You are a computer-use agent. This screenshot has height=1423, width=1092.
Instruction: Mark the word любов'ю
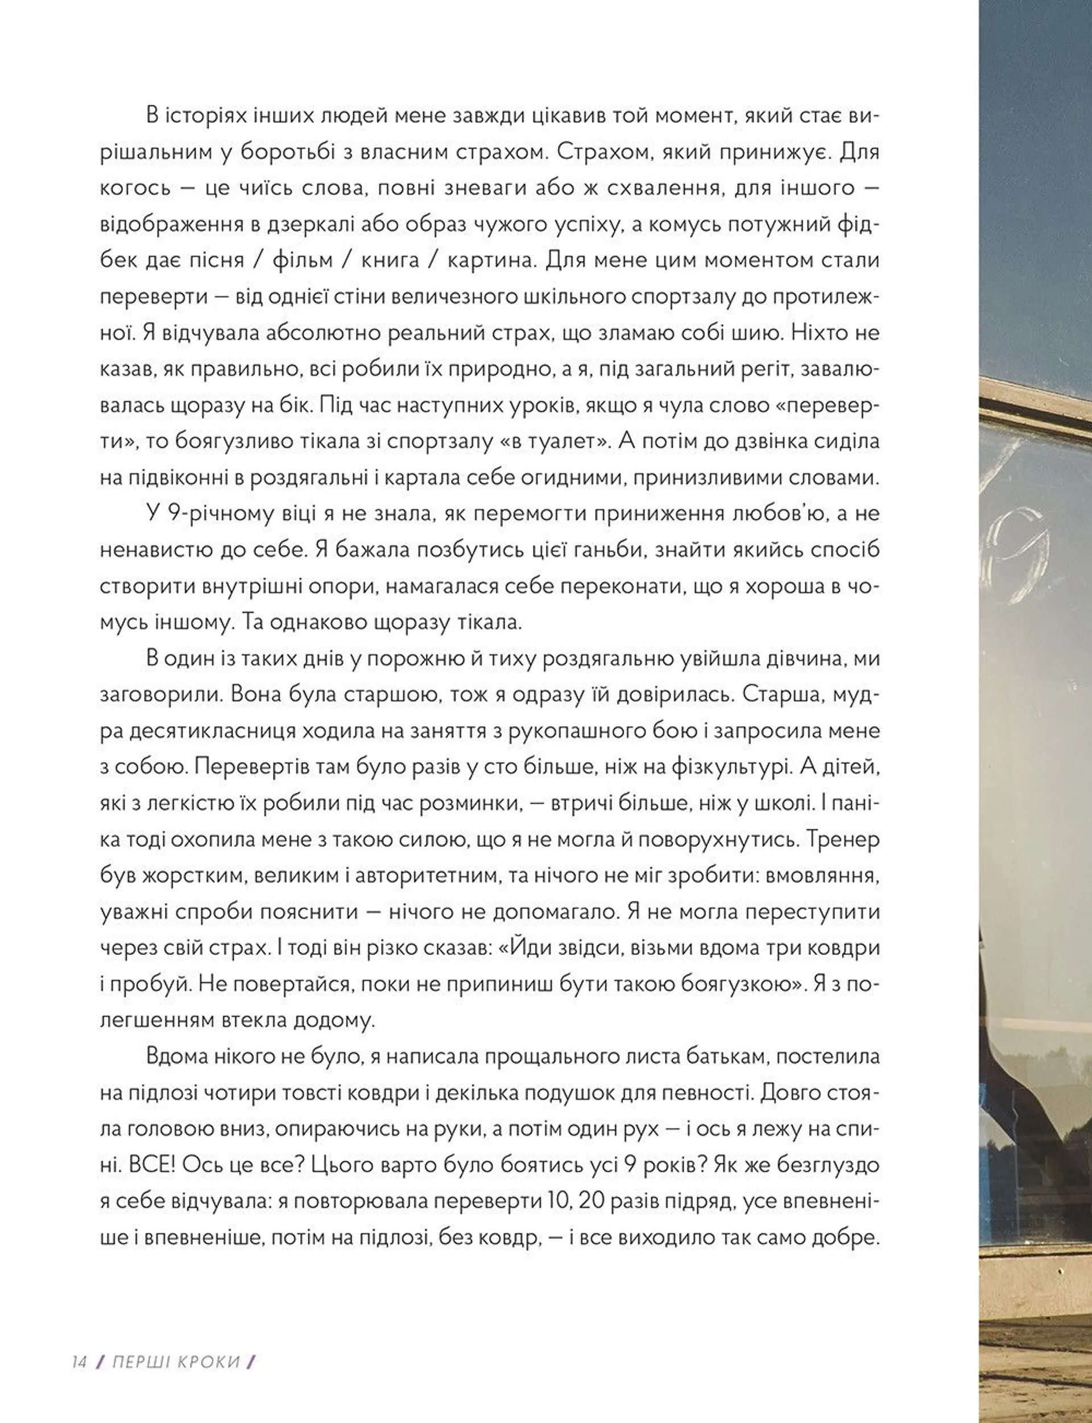[x=769, y=514]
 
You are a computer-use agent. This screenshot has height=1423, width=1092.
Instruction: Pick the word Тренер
[x=842, y=839]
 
